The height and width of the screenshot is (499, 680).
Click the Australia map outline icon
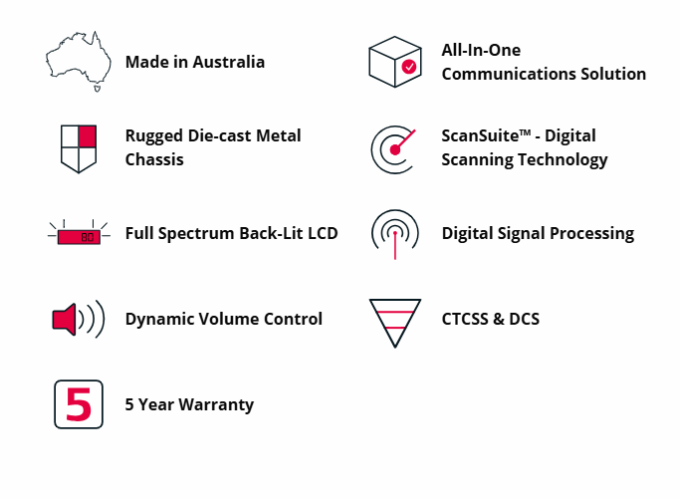[x=79, y=61]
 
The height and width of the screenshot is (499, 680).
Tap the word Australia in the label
[x=229, y=62]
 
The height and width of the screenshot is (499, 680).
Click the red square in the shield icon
[x=88, y=136]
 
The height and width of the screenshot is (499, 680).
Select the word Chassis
[x=154, y=159]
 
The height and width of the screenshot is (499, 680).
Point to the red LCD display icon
[x=79, y=237]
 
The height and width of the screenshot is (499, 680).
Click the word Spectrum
[x=196, y=234]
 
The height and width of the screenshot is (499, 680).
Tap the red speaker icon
[x=64, y=320]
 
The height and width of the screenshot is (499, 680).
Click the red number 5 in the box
[x=79, y=404]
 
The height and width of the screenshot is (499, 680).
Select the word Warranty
[x=216, y=404]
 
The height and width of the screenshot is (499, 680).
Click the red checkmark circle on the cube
[x=409, y=67]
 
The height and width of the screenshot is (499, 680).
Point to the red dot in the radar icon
[x=394, y=149]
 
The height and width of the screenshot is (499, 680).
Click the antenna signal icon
[x=395, y=234]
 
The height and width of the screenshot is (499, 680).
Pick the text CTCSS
[x=465, y=320]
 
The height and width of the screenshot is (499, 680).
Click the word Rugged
[x=154, y=136]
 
